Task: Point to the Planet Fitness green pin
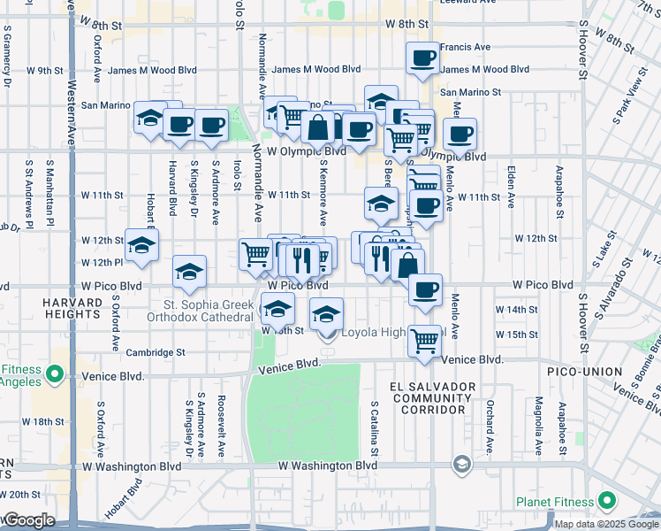[x=607, y=502]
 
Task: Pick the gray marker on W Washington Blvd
[x=461, y=464]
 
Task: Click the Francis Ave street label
[x=465, y=47]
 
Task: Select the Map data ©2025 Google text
[x=605, y=524]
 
